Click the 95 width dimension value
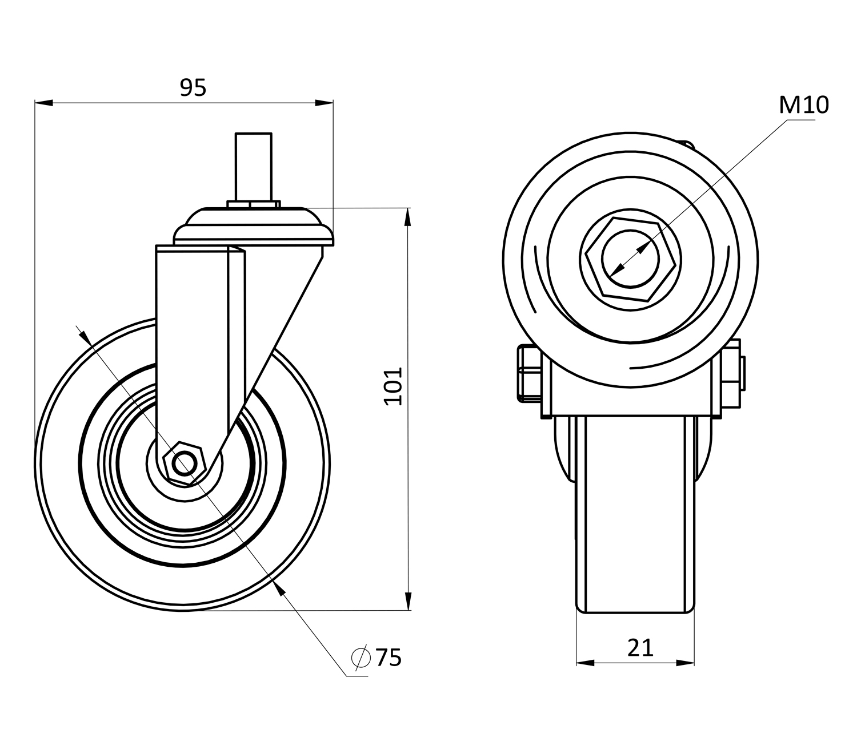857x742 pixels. [193, 88]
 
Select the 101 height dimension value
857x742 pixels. [393, 386]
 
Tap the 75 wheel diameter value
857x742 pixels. [389, 658]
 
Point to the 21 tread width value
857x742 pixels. [640, 648]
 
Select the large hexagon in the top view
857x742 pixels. [631, 259]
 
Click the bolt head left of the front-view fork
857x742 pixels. [528, 372]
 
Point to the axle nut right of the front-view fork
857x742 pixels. [733, 374]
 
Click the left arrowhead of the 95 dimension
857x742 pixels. [43, 103]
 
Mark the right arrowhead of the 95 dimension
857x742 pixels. [325, 103]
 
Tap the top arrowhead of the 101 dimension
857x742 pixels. [408, 217]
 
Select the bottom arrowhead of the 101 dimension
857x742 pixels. [408, 601]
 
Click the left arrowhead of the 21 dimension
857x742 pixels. [585, 663]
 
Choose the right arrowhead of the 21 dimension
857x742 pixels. [686, 663]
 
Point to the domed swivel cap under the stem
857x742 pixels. [253, 225]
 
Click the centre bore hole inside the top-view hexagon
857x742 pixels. [631, 259]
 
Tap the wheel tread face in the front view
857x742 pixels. [635, 514]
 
